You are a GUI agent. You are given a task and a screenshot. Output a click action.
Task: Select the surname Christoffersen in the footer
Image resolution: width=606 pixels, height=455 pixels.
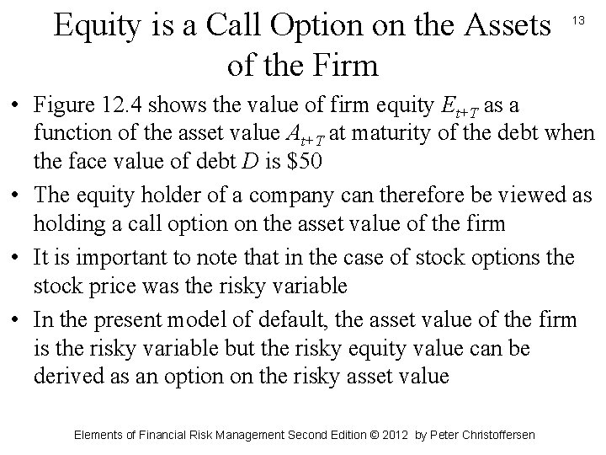coord(495,435)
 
